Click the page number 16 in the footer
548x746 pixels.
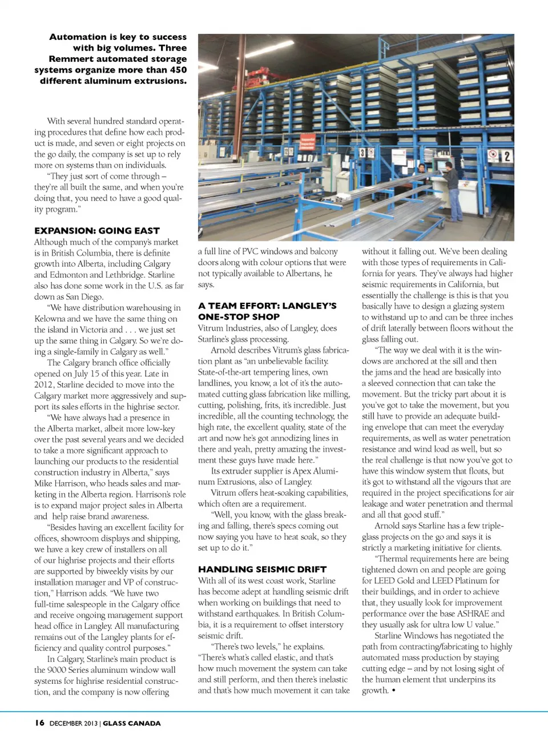point(39,723)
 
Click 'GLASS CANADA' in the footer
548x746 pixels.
point(132,723)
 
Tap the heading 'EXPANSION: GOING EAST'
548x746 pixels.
point(97,231)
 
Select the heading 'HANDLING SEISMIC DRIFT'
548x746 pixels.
point(262,569)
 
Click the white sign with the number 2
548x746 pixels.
point(505,155)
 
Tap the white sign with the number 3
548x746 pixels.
point(362,153)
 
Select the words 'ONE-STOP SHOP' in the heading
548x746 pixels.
point(239,317)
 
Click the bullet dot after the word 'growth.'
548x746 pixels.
point(394,691)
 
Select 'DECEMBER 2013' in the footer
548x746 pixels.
point(74,723)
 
